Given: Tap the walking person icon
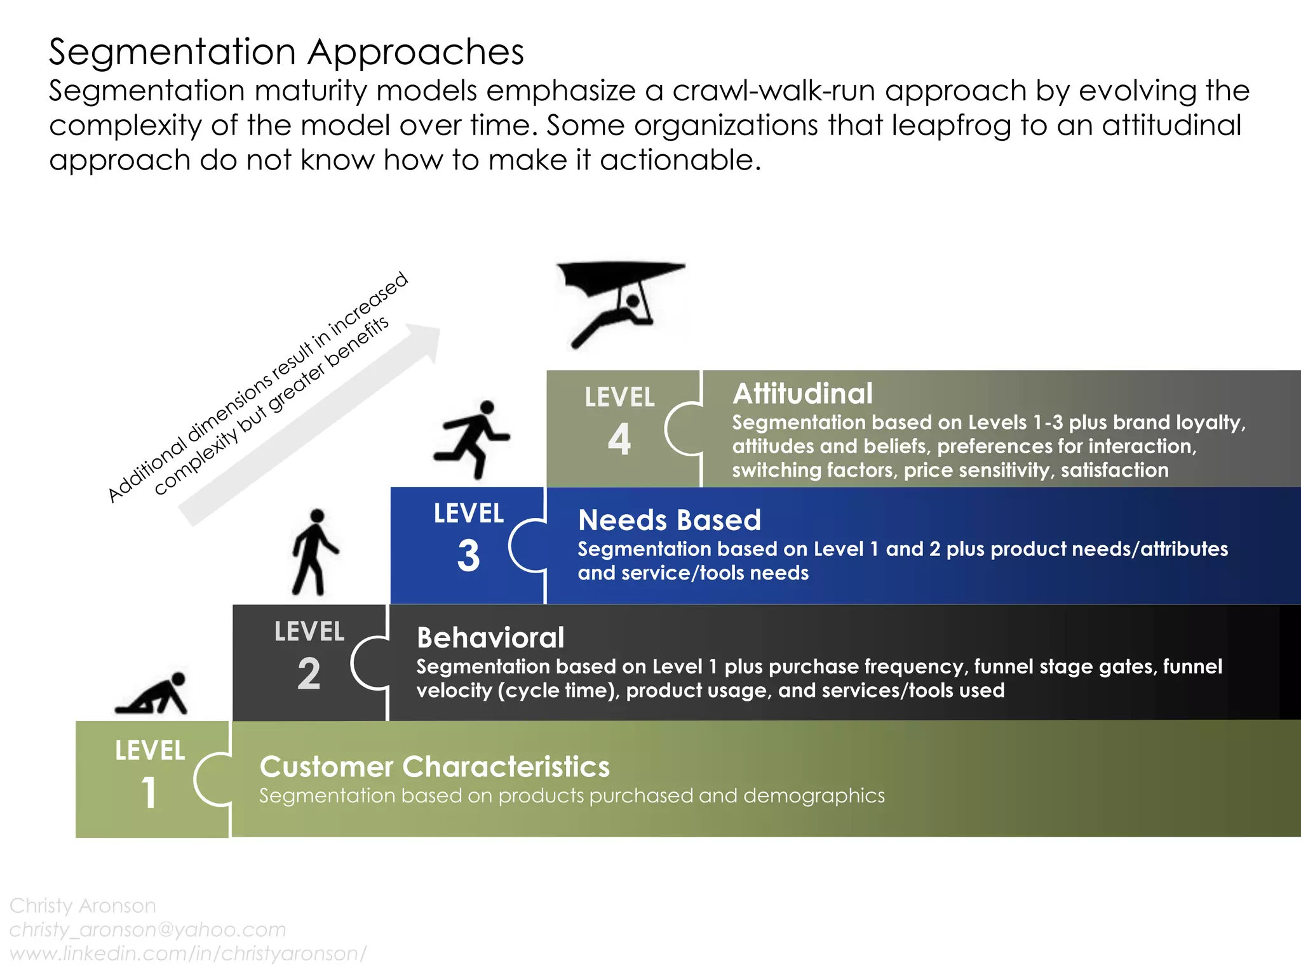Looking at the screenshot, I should pos(314,552).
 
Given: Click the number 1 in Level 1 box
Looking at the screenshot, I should pos(149,793).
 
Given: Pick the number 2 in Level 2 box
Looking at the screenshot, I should pos(309,673).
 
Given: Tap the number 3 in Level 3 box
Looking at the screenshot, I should pos(468,555).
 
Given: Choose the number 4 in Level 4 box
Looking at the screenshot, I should pos(619,439).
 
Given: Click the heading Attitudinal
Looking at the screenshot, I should pos(802,394).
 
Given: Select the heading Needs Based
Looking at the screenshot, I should pos(669,520).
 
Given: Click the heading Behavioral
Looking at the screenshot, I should pos(490,637).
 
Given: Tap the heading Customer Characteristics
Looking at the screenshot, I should pos(435,766).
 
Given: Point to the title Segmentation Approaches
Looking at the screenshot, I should pos(286,51).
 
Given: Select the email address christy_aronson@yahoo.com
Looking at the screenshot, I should pos(147,929).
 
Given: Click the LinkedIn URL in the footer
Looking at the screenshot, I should pos(188,953).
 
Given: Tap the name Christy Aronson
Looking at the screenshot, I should pos(83,905).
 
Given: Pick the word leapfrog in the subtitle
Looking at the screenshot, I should pos(951,125).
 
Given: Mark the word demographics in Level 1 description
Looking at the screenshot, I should pos(814,795).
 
